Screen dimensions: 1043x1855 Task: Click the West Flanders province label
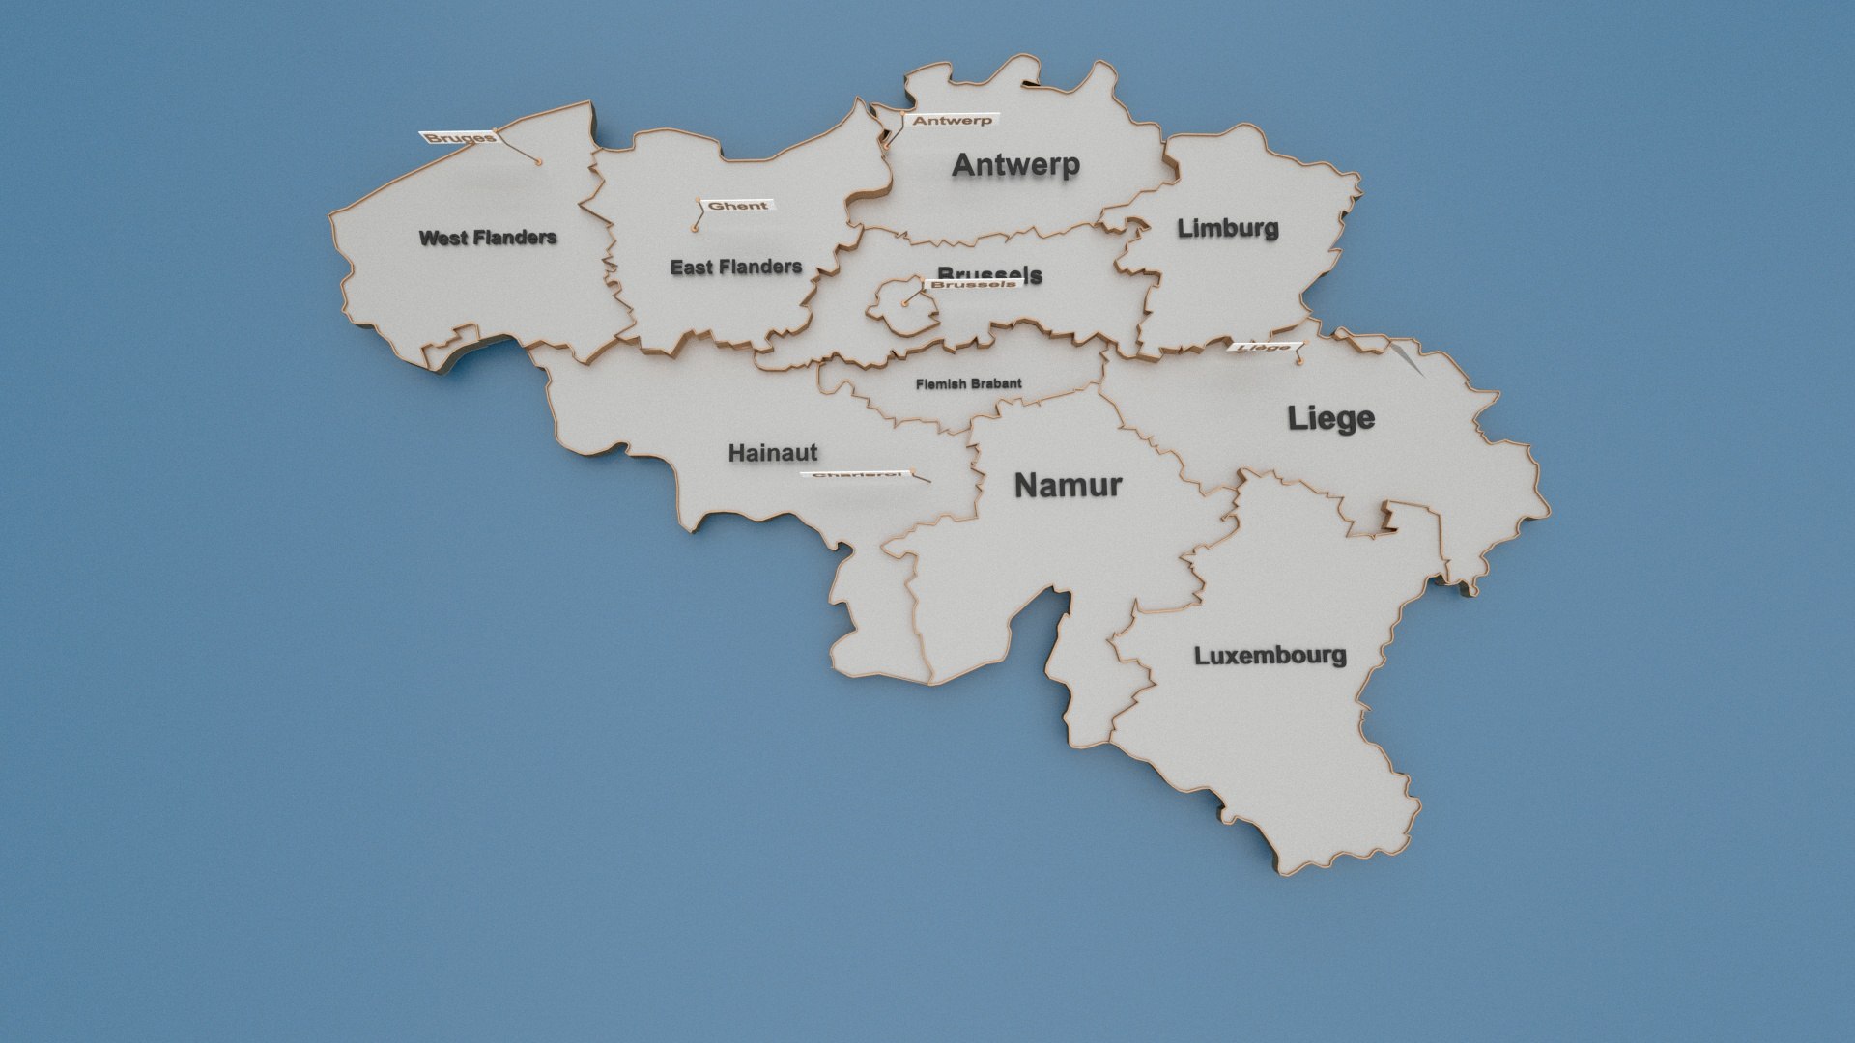488,238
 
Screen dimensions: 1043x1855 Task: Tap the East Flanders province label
736,267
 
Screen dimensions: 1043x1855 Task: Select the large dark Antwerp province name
1015,165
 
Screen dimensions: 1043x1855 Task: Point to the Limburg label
1228,229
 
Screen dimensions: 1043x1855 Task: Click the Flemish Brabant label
968,383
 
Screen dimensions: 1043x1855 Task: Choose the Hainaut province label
773,452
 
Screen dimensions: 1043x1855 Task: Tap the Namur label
1068,485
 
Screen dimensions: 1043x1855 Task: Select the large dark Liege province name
1330,418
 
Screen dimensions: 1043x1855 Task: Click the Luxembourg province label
1270,656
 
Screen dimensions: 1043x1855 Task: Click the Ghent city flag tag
738,206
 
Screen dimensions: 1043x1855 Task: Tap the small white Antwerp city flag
952,121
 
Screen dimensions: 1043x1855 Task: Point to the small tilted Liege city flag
1265,347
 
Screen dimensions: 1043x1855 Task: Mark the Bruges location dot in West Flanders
538,162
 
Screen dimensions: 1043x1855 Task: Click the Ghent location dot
694,229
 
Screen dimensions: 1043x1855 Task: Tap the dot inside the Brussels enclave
904,303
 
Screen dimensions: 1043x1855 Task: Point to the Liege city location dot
1300,363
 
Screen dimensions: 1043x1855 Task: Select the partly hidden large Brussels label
989,272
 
